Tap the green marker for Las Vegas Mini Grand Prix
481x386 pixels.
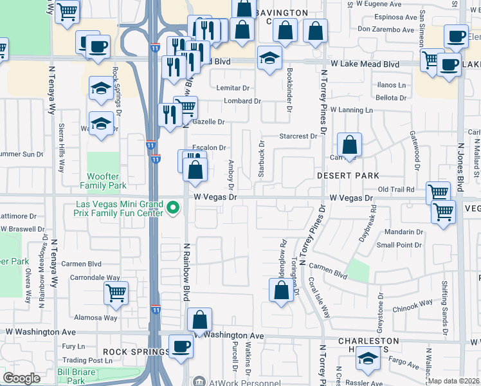(x=172, y=208)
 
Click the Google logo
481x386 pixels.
(x=22, y=378)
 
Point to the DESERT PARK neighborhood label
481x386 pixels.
(x=348, y=176)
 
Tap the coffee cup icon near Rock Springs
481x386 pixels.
(x=181, y=346)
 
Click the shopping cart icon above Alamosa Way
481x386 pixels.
(x=116, y=293)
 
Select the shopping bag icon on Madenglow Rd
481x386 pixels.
(x=281, y=290)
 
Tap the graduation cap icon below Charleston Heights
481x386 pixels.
(x=368, y=359)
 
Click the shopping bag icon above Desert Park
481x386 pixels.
(x=349, y=145)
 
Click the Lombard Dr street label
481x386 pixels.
(x=242, y=101)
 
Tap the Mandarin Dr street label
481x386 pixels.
(x=404, y=232)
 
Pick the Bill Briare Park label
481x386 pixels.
(x=80, y=376)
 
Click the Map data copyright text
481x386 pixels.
(x=453, y=381)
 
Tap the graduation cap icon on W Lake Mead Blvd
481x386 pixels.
(x=269, y=58)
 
